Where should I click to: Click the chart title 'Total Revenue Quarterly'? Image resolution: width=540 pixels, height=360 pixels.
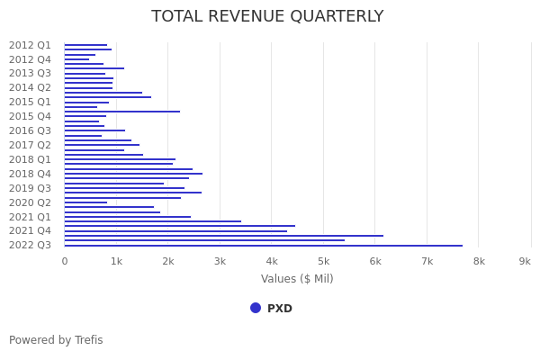[267, 16]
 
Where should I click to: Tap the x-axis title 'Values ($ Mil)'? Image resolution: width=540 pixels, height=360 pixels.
[297, 279]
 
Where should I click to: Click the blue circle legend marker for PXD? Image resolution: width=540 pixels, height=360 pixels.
[256, 308]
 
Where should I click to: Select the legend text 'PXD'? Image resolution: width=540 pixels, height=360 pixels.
[280, 309]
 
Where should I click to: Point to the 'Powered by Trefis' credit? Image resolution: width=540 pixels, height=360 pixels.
[56, 340]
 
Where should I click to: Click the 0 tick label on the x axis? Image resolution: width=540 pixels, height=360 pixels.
[64, 261]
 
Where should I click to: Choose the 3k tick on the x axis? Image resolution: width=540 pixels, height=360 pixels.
[220, 261]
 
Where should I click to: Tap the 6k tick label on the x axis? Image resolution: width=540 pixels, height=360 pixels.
[375, 261]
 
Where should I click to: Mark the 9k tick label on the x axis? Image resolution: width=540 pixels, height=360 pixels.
[525, 261]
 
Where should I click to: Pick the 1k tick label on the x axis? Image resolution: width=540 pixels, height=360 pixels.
[116, 261]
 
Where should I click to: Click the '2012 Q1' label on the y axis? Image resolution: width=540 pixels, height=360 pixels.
[30, 45]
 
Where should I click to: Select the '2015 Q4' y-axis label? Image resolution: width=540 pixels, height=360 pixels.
[30, 116]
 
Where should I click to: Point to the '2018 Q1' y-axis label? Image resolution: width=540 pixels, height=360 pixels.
[30, 159]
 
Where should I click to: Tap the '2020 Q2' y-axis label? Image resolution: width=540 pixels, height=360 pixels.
[30, 202]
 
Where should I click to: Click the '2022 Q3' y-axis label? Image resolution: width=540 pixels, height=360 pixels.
[30, 245]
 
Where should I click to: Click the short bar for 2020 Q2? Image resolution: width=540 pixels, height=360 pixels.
[85, 202]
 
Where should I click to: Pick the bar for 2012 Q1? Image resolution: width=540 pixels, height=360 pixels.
[85, 45]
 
